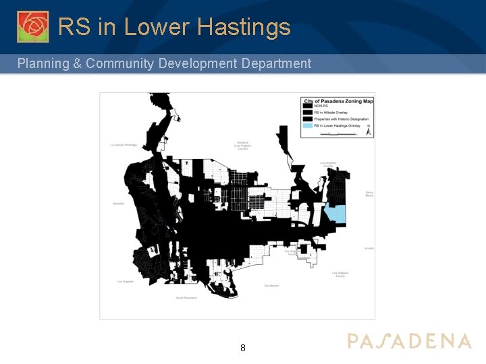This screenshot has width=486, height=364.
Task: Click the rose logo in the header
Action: tap(32, 26)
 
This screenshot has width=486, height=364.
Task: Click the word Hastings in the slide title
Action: tap(244, 27)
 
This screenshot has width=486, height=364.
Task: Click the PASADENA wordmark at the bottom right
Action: tap(409, 340)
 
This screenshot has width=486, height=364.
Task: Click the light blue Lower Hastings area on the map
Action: tap(335, 214)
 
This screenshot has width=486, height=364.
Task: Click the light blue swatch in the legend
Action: tap(308, 125)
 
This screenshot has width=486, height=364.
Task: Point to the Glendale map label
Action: tap(119, 204)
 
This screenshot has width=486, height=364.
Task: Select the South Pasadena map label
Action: tap(185, 297)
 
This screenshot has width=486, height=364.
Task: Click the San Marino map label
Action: tap(271, 286)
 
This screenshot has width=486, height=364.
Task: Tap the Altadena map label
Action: tap(243, 145)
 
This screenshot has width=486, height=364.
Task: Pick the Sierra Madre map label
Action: tap(369, 193)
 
